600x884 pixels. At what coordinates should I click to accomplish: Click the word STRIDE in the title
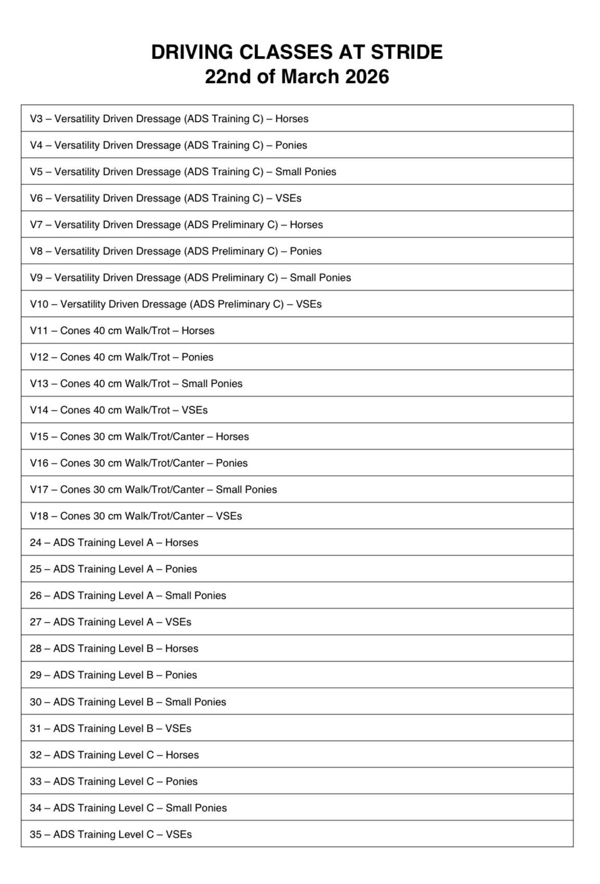click(x=406, y=52)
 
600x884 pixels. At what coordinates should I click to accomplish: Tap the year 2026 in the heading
click(x=367, y=77)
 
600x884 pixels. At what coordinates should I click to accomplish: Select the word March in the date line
click(x=310, y=77)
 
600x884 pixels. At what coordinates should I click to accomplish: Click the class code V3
click(x=36, y=118)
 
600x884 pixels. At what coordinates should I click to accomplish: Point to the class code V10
click(x=39, y=304)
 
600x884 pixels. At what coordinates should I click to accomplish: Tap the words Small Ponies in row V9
click(x=320, y=277)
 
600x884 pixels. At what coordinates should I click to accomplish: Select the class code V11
click(x=39, y=330)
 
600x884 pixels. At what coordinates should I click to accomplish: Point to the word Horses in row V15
click(x=232, y=436)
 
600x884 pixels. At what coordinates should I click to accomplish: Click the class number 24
click(x=35, y=542)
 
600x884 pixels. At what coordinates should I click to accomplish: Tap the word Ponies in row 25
click(x=181, y=569)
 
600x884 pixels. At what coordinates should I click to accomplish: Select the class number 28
click(x=35, y=648)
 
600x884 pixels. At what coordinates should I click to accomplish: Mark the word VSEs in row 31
click(x=178, y=728)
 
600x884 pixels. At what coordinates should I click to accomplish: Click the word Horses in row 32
click(x=182, y=755)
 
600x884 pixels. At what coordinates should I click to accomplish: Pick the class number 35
click(x=35, y=834)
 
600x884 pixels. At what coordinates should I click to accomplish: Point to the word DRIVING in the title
click(x=192, y=52)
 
